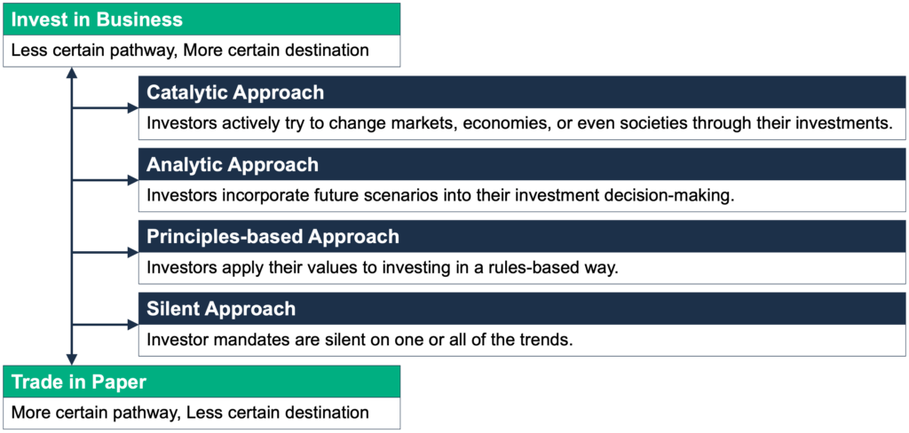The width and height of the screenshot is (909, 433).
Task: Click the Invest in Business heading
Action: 97,20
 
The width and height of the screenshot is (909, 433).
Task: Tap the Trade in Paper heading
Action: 79,382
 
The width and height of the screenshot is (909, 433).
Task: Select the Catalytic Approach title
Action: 234,93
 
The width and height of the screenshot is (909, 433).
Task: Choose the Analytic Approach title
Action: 233,165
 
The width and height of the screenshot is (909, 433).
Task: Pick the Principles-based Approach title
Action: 273,237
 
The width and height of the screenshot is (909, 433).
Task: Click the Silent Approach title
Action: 221,309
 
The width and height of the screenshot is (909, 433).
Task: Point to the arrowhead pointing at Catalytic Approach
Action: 132,108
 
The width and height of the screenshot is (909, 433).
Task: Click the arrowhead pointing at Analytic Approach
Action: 132,180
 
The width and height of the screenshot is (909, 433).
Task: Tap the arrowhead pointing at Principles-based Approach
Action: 132,253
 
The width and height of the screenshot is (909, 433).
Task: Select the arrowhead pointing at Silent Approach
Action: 132,325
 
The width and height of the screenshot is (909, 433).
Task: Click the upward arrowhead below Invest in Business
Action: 71,73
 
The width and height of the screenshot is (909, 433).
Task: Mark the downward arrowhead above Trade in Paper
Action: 71,359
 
